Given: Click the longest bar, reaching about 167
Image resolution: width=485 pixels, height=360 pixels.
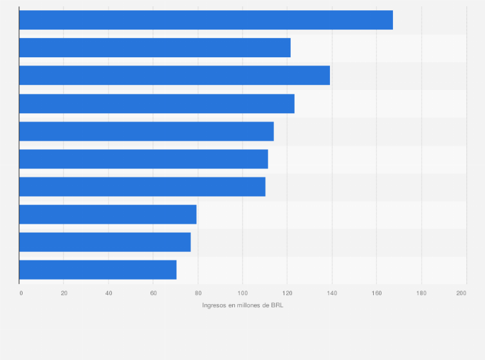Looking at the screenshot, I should click(206, 20).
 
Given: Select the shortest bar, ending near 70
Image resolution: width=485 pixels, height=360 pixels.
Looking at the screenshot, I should click(98, 270).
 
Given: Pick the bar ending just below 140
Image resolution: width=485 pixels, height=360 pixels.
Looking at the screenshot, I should click(174, 75).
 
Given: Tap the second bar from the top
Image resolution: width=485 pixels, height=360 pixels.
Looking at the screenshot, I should click(154, 48).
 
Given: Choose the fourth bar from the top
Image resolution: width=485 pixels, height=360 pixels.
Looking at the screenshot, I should click(156, 104).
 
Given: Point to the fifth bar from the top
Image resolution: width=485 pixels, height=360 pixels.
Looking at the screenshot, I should click(146, 131).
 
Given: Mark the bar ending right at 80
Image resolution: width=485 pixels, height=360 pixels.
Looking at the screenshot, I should click(107, 214).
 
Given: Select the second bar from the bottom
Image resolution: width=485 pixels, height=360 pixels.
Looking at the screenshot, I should click(105, 242).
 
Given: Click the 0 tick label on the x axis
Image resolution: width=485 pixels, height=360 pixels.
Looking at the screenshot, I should click(21, 293).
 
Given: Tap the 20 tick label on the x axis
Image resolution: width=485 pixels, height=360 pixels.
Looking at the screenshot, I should click(64, 293).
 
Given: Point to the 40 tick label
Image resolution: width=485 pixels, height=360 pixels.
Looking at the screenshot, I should click(109, 293).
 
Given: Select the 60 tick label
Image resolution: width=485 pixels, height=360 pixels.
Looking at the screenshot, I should click(153, 293).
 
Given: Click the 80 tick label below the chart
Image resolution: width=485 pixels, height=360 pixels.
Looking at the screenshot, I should click(198, 293).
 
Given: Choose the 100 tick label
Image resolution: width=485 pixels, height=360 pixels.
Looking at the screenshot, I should click(243, 293).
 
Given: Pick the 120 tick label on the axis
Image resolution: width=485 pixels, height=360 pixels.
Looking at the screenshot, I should click(287, 293).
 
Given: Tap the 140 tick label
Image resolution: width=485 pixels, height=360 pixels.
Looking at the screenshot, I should click(332, 293).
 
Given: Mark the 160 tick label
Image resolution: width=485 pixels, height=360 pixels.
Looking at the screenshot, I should click(376, 293).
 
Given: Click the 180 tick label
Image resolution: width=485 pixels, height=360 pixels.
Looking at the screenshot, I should click(421, 293).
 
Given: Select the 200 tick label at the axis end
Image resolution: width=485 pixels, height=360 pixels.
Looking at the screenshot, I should click(461, 293).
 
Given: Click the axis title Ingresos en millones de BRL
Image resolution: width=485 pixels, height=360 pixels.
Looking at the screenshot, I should click(243, 305).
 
